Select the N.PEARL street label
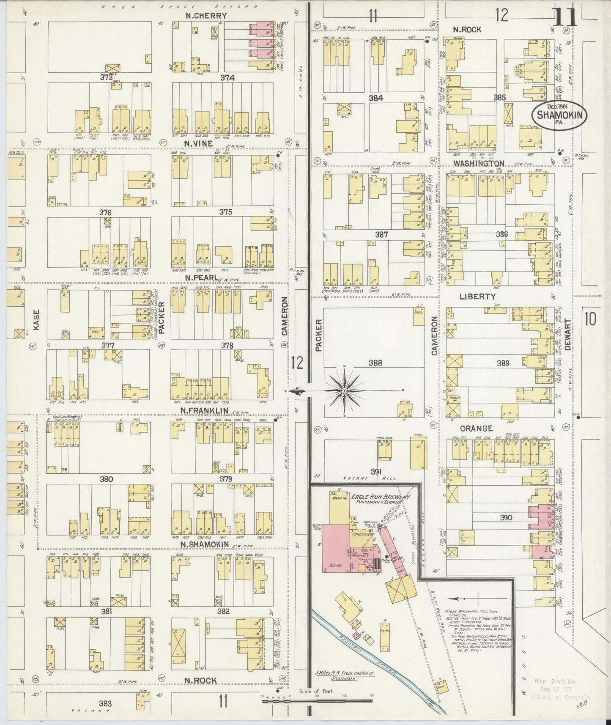coord(199,277)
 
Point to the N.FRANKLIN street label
coord(204,411)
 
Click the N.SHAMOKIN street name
coord(205,544)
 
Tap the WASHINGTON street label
coord(479,163)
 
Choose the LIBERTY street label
coord(477,297)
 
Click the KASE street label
coord(36,318)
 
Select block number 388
coord(375,363)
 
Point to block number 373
coord(106,78)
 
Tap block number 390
coord(506,517)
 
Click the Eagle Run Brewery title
coord(380,497)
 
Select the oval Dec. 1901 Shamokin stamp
coord(559,113)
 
